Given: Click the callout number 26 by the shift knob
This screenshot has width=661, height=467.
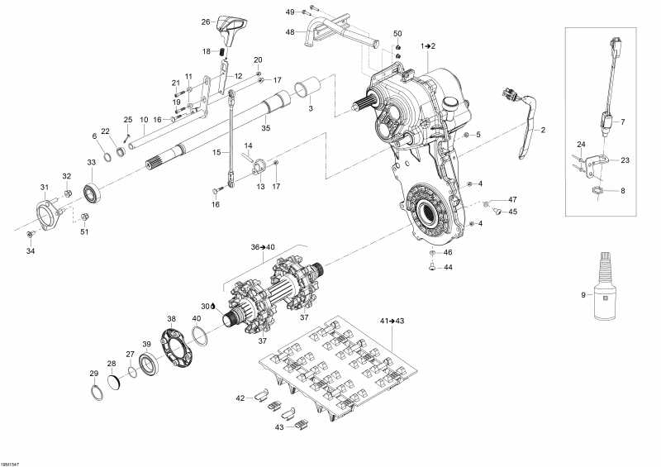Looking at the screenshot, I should pos(206,22).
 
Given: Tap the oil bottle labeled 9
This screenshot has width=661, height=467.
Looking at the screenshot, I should pos(604,289).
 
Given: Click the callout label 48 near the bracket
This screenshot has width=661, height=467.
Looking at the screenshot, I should pos(290,31).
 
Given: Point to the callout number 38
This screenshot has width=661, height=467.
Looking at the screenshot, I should pos(172,318).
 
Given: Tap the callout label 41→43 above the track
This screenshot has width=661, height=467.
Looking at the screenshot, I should pos(392,321).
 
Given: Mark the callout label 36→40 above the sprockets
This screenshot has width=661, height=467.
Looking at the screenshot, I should pos(262,246).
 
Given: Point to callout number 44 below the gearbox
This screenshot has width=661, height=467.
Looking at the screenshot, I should pos(449,268).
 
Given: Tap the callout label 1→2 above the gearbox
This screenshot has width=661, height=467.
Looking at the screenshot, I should pos(427,45).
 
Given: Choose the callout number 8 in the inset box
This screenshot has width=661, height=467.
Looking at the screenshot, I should pos(623,191).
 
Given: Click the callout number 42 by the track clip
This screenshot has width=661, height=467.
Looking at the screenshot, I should pos(240,398).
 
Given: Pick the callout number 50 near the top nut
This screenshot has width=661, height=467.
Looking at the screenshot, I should pos(397,33).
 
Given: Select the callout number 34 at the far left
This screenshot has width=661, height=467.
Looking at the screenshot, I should pos(31,250).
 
